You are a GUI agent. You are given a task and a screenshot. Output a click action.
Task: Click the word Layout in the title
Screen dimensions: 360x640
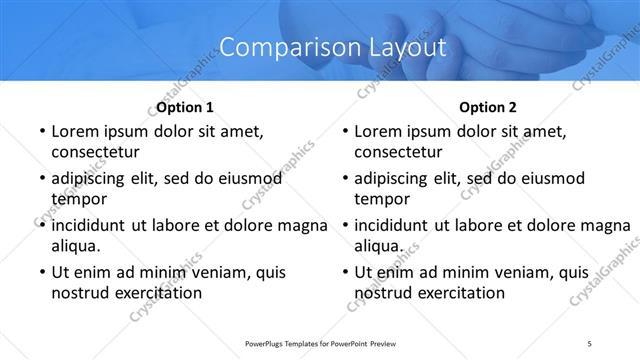(398, 46)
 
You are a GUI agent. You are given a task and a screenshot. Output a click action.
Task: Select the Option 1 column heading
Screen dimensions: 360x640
(186, 107)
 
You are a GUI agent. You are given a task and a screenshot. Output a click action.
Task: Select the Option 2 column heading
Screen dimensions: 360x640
(488, 107)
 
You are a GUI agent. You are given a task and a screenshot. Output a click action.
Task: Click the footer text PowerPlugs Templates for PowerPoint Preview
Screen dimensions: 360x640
(319, 343)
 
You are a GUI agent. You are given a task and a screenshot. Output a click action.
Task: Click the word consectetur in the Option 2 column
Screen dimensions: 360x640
(398, 153)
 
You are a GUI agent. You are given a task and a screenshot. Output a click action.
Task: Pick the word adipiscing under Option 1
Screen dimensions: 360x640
(92, 179)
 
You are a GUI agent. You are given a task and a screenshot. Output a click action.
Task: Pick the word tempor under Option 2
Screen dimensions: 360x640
(380, 199)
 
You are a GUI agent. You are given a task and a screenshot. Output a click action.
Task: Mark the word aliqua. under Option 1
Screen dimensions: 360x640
(75, 245)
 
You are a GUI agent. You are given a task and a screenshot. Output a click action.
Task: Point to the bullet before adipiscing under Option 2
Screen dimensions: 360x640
(342, 179)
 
